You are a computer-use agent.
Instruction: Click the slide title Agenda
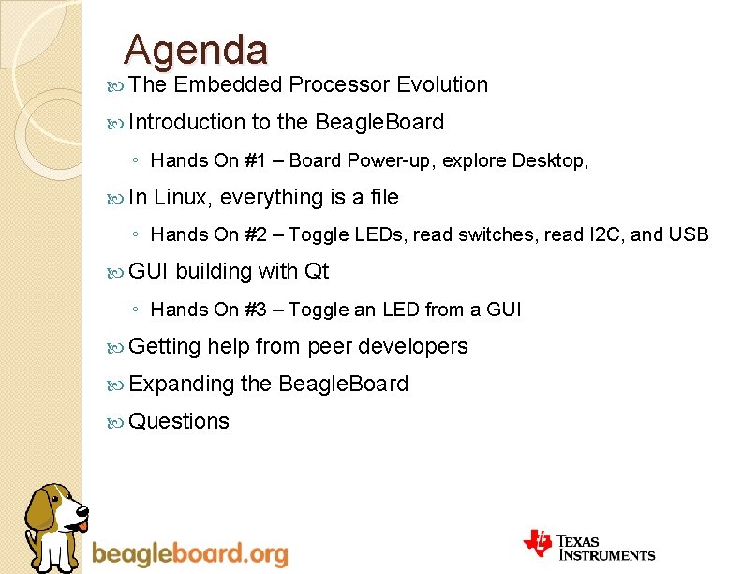pyautogui.click(x=196, y=49)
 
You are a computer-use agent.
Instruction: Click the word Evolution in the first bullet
pyautogui.click(x=442, y=84)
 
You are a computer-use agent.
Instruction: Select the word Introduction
pyautogui.click(x=186, y=122)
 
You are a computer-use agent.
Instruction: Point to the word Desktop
pyautogui.click(x=550, y=160)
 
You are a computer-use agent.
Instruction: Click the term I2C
pyautogui.click(x=603, y=234)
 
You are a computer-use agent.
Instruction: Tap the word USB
pyautogui.click(x=690, y=234)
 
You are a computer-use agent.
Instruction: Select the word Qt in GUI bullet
pyautogui.click(x=317, y=272)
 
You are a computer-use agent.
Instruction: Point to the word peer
pyautogui.click(x=330, y=347)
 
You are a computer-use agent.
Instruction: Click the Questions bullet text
pyautogui.click(x=179, y=421)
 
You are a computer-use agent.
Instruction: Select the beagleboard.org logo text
pyautogui.click(x=190, y=554)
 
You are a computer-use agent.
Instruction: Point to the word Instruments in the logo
pyautogui.click(x=610, y=555)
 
